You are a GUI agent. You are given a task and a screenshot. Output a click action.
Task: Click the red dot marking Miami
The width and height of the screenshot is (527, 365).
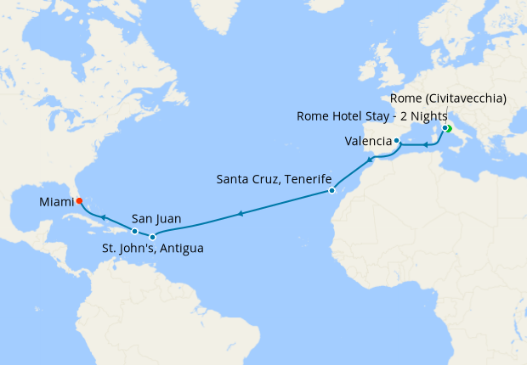(x=79, y=201)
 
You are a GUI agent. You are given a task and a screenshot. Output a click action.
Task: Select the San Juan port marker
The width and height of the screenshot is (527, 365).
(x=134, y=231)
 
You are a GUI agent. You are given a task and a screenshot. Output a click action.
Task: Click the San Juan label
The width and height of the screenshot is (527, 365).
(x=156, y=218)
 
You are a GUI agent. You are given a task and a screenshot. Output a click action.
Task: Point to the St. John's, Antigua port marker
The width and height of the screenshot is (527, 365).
(x=152, y=237)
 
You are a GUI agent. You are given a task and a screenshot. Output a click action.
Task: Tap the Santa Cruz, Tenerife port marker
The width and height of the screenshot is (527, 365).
(x=331, y=191)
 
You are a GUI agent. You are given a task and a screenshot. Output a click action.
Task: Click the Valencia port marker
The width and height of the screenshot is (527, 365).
(x=397, y=140)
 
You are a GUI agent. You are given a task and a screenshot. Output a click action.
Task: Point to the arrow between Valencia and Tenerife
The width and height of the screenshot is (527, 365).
(x=369, y=159)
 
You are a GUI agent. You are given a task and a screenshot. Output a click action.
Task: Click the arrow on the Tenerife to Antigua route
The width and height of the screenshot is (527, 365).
(x=241, y=214)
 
